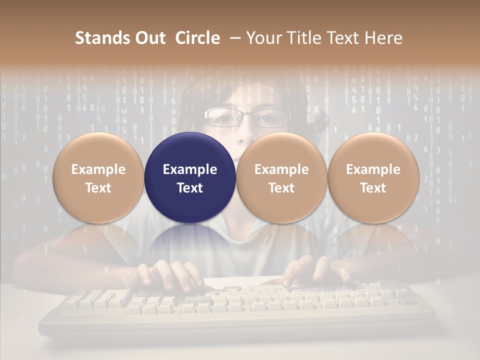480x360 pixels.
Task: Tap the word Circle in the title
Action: [x=197, y=38]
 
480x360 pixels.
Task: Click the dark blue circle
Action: [x=190, y=177]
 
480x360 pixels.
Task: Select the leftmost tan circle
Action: [x=98, y=177]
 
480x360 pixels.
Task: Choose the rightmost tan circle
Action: [x=373, y=177]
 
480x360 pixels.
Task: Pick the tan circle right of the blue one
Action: [x=281, y=177]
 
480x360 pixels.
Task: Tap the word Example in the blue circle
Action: [x=190, y=169]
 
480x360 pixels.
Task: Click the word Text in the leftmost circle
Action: [x=98, y=188]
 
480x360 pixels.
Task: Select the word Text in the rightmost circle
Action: [x=373, y=188]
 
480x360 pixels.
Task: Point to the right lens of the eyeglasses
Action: [x=270, y=118]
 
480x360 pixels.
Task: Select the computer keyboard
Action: [x=235, y=307]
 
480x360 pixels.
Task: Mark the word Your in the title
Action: [x=263, y=38]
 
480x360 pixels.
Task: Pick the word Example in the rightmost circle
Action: [x=373, y=169]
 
